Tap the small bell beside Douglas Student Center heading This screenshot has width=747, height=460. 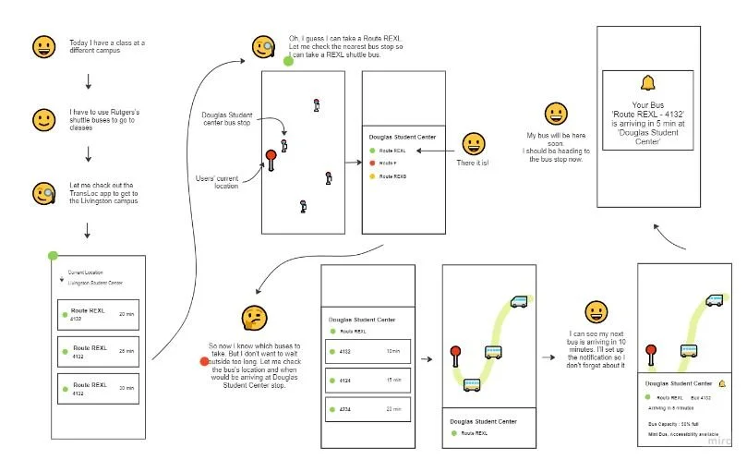pyautogui.click(x=722, y=382)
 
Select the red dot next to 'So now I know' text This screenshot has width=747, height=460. pyautogui.click(x=204, y=359)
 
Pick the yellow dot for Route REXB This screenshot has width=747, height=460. pyautogui.click(x=371, y=176)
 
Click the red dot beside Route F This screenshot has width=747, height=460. pyautogui.click(x=371, y=163)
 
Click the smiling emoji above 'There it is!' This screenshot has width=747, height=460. pyautogui.click(x=474, y=143)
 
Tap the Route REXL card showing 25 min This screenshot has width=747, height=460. pyautogui.click(x=98, y=352)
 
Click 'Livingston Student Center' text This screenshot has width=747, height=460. pyautogui.click(x=95, y=283)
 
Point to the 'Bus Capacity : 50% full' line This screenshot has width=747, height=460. pyautogui.click(x=672, y=424)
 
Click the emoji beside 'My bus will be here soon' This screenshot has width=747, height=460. pyautogui.click(x=556, y=114)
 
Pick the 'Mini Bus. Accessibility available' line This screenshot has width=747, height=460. pyautogui.click(x=681, y=434)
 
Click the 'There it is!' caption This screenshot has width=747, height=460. pyautogui.click(x=474, y=163)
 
